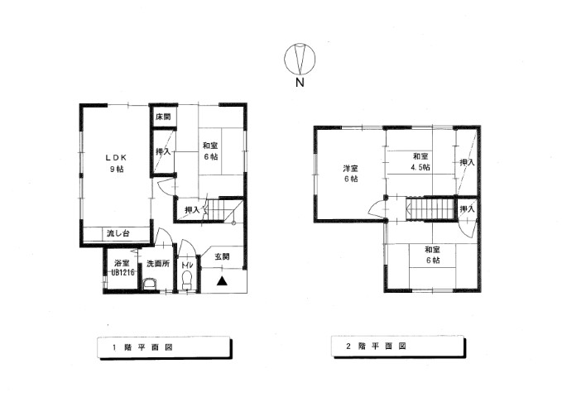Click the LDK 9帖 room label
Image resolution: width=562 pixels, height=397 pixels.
pyautogui.click(x=116, y=163)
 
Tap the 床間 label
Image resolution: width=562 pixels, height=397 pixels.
pyautogui.click(x=163, y=117)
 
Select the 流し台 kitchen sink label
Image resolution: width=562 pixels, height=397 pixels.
pyautogui.click(x=118, y=233)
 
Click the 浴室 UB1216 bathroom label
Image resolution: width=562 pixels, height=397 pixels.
pyautogui.click(x=122, y=268)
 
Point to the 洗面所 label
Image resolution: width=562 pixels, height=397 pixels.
pyautogui.click(x=158, y=264)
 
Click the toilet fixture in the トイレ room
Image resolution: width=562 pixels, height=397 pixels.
pyautogui.click(x=187, y=280)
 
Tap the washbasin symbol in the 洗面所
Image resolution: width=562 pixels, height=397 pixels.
pyautogui.click(x=150, y=285)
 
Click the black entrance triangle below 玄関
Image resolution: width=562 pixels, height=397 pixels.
pyautogui.click(x=222, y=281)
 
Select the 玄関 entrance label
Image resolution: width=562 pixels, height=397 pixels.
pyautogui.click(x=222, y=256)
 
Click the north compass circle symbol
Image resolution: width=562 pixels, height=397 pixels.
pyautogui.click(x=300, y=58)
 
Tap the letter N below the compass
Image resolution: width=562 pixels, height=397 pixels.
pyautogui.click(x=300, y=83)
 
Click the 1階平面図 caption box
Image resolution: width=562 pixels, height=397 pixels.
pyautogui.click(x=165, y=347)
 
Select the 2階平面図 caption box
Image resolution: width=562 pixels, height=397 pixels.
pyautogui.click(x=398, y=347)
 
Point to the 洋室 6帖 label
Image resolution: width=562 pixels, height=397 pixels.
pyautogui.click(x=351, y=174)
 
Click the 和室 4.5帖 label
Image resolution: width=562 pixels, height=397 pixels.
pyautogui.click(x=420, y=162)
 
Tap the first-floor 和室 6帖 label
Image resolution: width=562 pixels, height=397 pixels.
pyautogui.click(x=210, y=151)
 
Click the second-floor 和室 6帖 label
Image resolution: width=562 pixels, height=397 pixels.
pyautogui.click(x=433, y=255)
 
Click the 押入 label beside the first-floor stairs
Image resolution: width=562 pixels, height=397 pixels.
pyautogui.click(x=192, y=210)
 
